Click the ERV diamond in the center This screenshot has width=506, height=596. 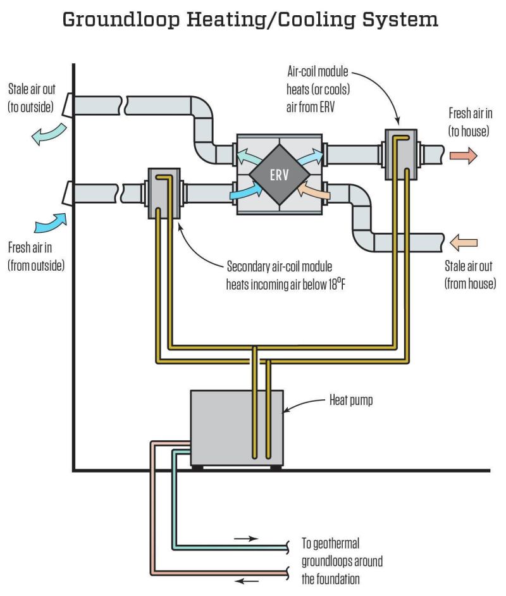tap(280, 175)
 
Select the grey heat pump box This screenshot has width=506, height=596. tap(237, 428)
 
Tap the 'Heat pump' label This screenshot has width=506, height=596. tap(351, 400)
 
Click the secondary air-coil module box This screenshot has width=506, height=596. tap(164, 194)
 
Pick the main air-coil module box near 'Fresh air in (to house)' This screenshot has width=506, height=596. tap(401, 154)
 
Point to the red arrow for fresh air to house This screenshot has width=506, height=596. tap(464, 156)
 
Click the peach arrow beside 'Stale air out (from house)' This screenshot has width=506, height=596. tap(464, 243)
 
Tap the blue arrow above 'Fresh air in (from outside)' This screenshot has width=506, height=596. tap(51, 223)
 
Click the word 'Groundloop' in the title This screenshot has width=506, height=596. tap(121, 20)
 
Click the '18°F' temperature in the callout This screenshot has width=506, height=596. tap(336, 283)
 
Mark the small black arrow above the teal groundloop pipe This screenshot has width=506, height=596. tap(246, 538)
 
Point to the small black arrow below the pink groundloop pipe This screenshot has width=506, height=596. tap(247, 581)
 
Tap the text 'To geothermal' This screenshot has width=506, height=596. tap(330, 543)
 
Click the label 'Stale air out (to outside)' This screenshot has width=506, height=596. tap(32, 98)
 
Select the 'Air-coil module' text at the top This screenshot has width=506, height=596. tap(318, 71)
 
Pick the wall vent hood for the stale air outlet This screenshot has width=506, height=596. tap(68, 105)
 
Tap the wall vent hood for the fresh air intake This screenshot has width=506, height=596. tap(68, 193)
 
